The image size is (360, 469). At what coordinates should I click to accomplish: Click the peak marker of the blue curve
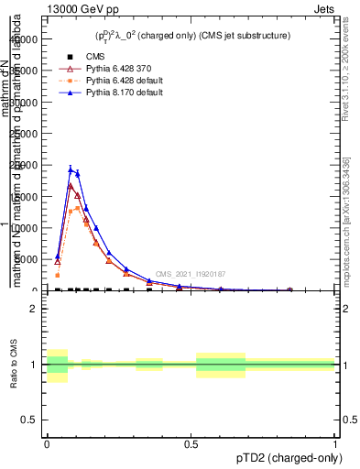coord(71,169)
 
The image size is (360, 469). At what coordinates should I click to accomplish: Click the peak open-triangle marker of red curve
coord(71,186)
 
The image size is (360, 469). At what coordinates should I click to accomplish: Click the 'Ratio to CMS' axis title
coord(15,365)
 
